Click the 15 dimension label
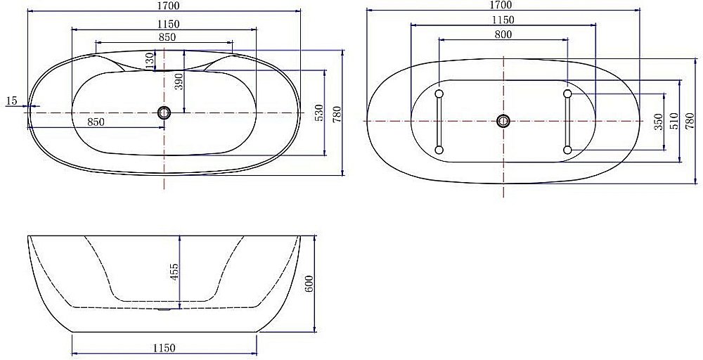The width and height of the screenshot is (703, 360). click(x=11, y=101)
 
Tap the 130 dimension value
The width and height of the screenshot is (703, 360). click(x=149, y=60)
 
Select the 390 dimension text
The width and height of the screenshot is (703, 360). click(x=179, y=83)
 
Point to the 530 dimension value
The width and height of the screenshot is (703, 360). click(x=318, y=112)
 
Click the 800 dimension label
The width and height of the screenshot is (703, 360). click(x=503, y=34)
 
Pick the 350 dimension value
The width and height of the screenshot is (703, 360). click(x=657, y=122)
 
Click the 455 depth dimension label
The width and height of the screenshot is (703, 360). click(x=174, y=271)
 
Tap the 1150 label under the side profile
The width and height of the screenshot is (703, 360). click(x=164, y=348)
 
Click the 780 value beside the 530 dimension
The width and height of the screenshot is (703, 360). click(x=337, y=112)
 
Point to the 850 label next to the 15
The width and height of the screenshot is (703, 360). click(x=96, y=122)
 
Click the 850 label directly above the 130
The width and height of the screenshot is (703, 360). click(x=167, y=37)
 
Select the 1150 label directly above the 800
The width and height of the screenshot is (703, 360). click(x=503, y=20)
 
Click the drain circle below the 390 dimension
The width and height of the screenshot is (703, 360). click(x=165, y=112)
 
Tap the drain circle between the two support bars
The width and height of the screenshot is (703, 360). click(x=503, y=121)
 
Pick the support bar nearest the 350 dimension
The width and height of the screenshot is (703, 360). click(x=567, y=121)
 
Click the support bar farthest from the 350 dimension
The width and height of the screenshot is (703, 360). click(x=439, y=121)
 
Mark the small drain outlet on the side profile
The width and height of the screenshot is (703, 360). click(x=164, y=308)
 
